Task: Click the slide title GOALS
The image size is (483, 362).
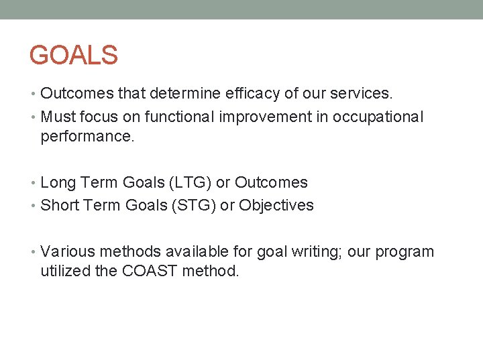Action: (x=74, y=55)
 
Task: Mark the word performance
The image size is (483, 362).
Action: (x=87, y=137)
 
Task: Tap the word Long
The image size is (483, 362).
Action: (x=57, y=183)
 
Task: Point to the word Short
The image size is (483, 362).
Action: (x=59, y=205)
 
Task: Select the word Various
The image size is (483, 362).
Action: (x=67, y=252)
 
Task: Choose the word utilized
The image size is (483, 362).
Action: (x=65, y=271)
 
